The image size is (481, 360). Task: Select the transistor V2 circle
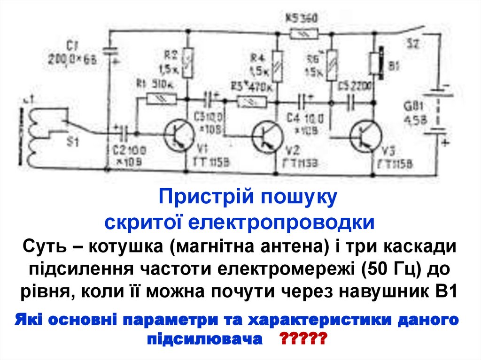tap(267, 136)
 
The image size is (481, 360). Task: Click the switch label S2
tap(413, 45)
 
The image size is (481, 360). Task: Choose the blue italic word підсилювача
tap(205, 338)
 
